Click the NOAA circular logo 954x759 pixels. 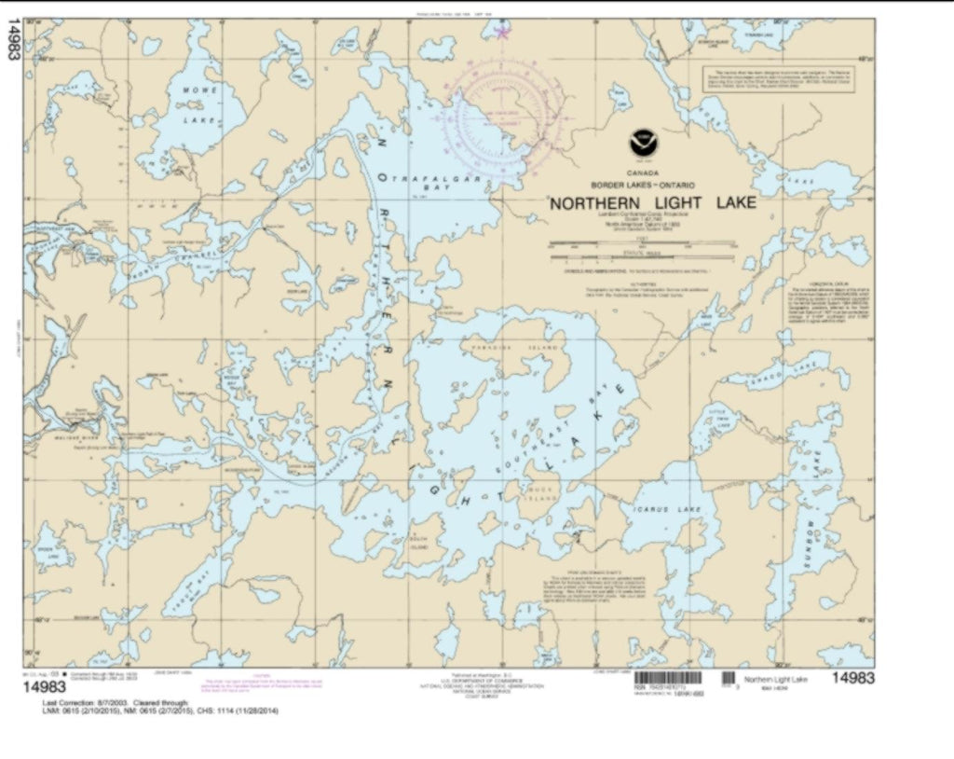click(x=642, y=143)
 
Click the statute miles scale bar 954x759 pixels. click(x=642, y=254)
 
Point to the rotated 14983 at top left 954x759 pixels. click(x=13, y=41)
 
